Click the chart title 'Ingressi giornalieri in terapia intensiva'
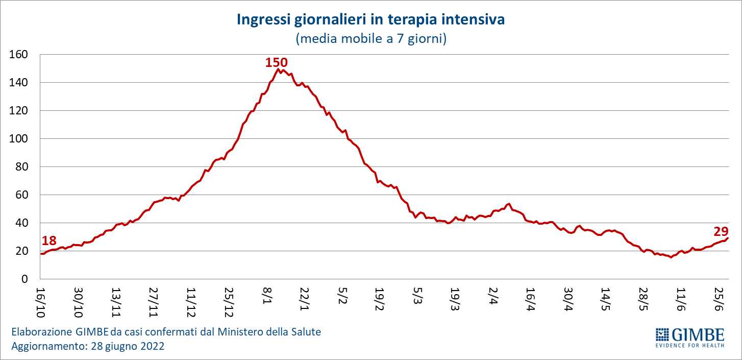coord(370,20)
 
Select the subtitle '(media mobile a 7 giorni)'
coord(370,39)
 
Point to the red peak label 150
coord(277,62)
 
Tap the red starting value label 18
coord(49,241)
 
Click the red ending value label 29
coord(721,231)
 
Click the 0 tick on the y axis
coord(24,279)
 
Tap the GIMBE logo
coord(689,338)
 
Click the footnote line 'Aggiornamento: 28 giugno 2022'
coord(88,346)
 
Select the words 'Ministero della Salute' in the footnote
coord(269,332)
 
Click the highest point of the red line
coord(279,69)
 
